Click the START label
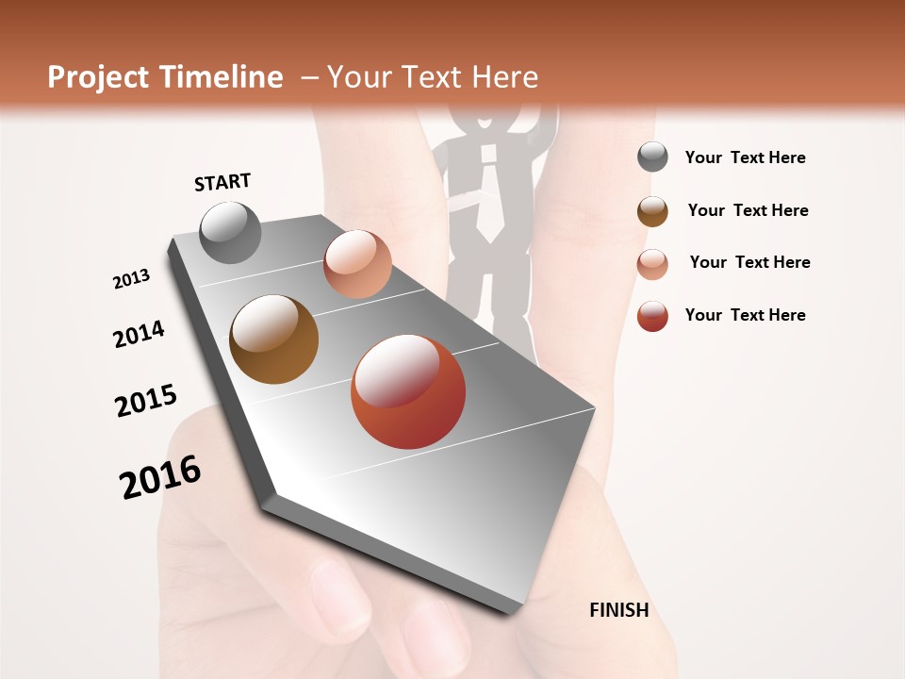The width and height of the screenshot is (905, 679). [222, 182]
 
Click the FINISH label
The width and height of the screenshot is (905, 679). [618, 610]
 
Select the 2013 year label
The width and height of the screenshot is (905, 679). [132, 278]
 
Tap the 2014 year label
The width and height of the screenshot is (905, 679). [140, 334]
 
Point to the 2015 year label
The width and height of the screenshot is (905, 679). [146, 401]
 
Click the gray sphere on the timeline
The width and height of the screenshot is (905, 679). [231, 232]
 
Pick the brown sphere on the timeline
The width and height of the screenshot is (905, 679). [273, 339]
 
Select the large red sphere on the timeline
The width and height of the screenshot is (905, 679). [408, 391]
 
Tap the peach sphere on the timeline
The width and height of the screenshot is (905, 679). [357, 264]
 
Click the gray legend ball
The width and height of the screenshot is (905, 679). [652, 157]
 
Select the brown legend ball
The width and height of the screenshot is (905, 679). [652, 210]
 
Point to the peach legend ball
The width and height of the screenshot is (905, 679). [652, 263]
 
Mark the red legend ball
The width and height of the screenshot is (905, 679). [652, 316]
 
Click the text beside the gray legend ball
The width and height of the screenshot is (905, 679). [745, 157]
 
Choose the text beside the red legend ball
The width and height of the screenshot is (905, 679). [745, 315]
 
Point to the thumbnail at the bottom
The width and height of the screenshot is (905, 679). [340, 594]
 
